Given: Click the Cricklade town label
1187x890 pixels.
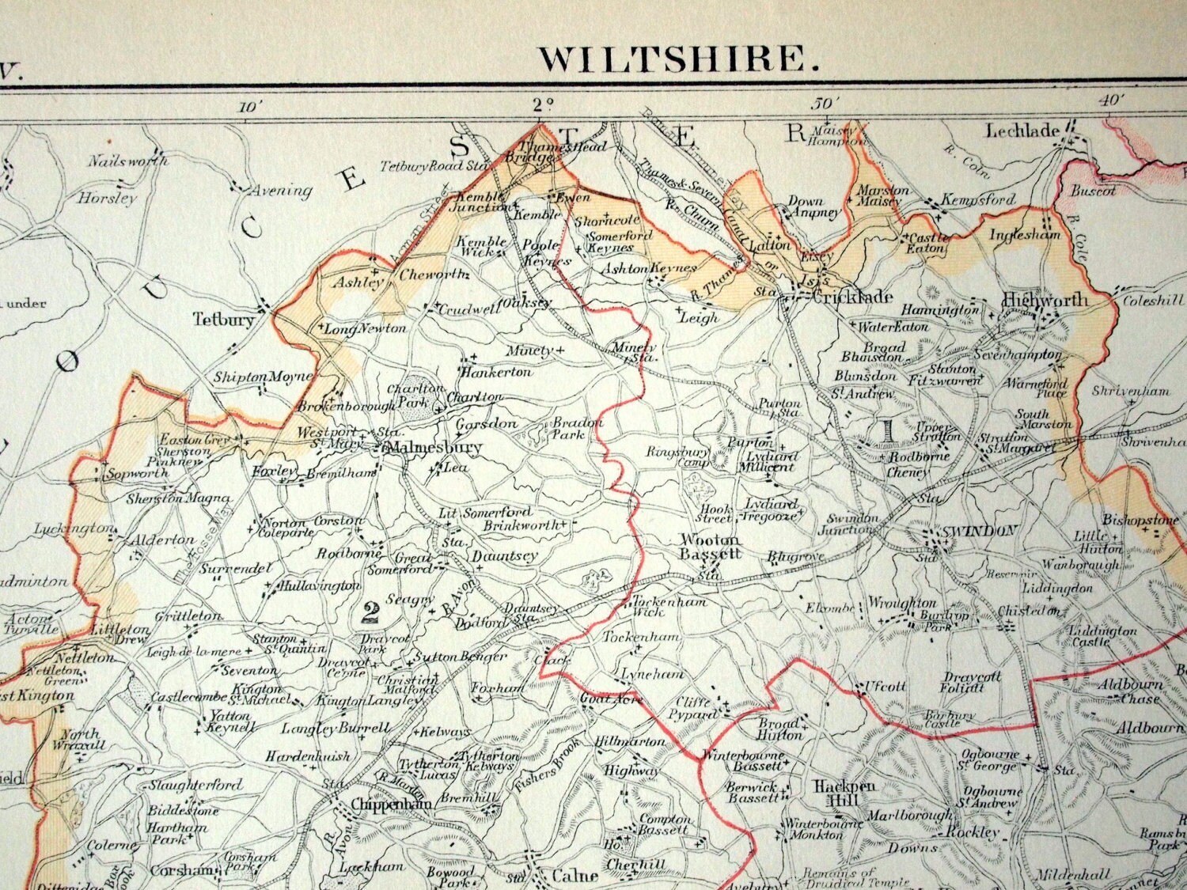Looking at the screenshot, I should click(848, 297).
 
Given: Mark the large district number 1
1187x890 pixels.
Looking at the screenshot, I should click(887, 430).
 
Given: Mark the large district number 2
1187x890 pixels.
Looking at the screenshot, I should click(369, 610).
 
